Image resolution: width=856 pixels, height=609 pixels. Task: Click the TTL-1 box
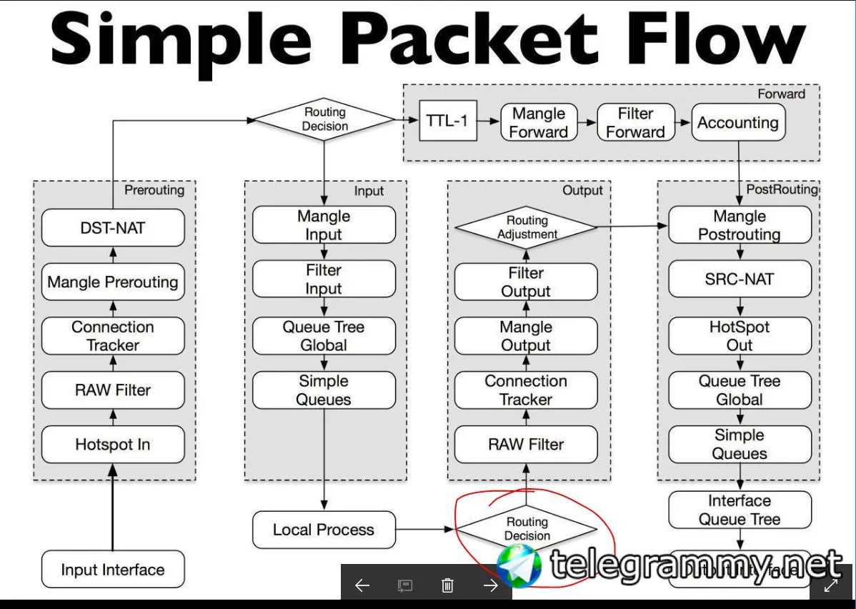coord(447,121)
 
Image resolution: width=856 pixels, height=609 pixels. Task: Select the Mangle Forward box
coord(539,122)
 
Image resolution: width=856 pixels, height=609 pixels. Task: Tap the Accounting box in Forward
coord(738,122)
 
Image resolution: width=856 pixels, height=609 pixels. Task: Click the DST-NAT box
coord(113,228)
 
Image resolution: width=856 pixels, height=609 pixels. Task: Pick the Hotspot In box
coord(113,444)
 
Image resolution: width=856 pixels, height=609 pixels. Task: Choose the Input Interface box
coord(113,570)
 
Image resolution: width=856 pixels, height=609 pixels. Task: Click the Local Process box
coord(324,530)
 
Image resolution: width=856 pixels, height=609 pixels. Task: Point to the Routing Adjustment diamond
coord(526,227)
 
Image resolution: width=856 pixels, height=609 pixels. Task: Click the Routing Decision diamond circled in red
coord(527,529)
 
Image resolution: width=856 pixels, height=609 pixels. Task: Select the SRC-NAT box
coord(740,279)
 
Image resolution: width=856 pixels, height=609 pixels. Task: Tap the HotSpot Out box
coord(740,336)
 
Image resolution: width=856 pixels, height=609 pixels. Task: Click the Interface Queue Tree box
coord(740,510)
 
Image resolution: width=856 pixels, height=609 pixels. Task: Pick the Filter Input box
coord(324,279)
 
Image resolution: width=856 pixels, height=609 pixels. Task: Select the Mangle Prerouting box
coord(113,282)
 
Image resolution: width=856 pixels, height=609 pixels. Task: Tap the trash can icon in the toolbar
coord(447,586)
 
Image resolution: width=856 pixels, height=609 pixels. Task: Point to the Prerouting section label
coord(154,190)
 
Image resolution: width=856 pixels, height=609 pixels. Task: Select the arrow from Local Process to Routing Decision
coord(425,530)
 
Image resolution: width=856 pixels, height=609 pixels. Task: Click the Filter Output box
coord(526,282)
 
